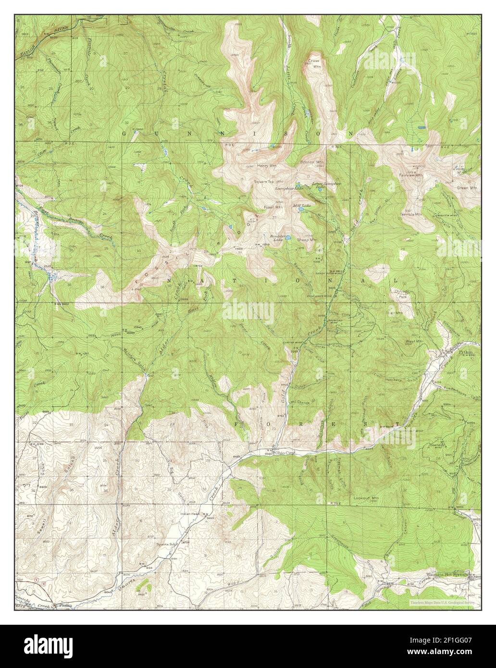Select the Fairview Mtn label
click(414, 176)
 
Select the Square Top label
click(264, 182)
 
